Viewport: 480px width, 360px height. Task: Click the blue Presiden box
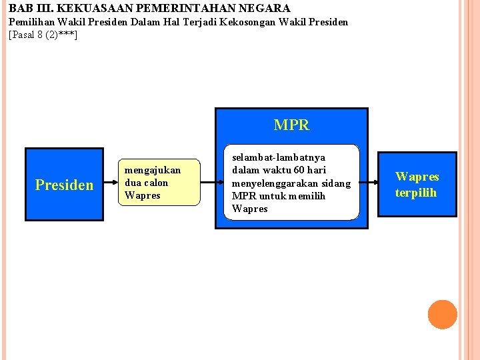64,184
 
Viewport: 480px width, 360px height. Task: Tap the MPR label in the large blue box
291,125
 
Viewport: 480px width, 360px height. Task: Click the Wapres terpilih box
417,184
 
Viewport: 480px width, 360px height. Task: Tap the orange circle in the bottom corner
442,315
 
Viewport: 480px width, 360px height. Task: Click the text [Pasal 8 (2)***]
43,34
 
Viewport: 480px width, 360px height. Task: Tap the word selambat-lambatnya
279,157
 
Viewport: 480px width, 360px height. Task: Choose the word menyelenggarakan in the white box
274,183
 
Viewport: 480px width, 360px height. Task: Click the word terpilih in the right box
416,193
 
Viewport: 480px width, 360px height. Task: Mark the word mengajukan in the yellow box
153,170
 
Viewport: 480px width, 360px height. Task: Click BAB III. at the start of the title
26,9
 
